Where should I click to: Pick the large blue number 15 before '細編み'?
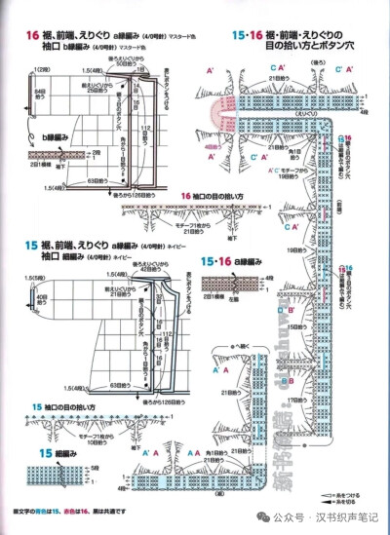pos(19,455)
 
